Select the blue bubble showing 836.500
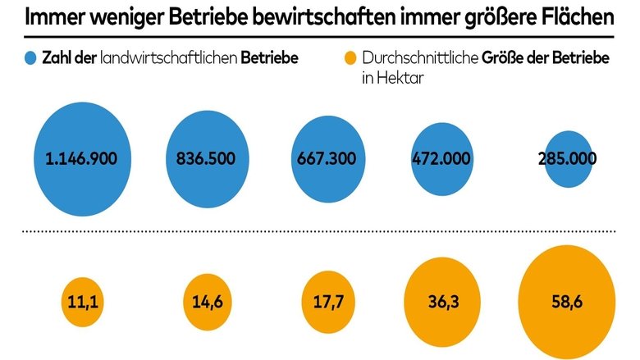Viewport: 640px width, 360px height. click(208, 159)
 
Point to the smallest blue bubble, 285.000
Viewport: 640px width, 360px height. click(567, 159)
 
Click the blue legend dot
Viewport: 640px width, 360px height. click(30, 58)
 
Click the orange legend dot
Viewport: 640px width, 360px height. click(350, 58)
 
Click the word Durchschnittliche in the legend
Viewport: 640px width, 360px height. click(417, 59)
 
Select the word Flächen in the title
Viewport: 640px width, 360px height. click(575, 18)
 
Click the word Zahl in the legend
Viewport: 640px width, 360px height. click(59, 59)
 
